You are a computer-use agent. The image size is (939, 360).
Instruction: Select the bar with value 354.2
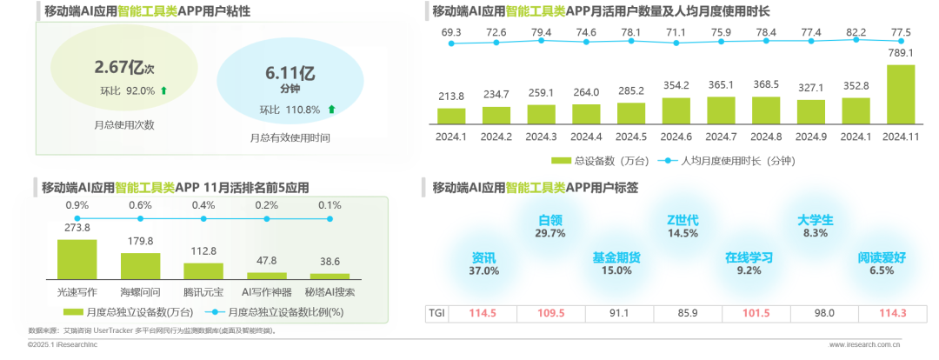[x=676, y=110]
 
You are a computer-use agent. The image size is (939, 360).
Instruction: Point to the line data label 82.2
[x=857, y=32]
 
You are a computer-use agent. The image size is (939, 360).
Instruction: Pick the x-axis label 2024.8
[x=767, y=137]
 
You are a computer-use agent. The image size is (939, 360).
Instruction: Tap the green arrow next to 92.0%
[x=163, y=90]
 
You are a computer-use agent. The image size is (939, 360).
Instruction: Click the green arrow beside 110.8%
[x=331, y=110]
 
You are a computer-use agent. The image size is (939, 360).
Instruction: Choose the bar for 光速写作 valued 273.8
[x=77, y=257]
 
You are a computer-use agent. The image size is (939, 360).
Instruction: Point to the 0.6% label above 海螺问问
[x=140, y=205]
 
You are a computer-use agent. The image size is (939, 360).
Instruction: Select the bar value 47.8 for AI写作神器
[x=267, y=260]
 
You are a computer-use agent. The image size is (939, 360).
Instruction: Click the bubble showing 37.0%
[x=484, y=270]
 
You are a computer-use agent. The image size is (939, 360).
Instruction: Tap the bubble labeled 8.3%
[x=816, y=233]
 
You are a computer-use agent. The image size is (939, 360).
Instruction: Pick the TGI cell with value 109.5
[x=551, y=313]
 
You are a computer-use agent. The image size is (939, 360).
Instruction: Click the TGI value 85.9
[x=683, y=313]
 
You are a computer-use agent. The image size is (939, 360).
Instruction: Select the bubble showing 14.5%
[x=683, y=233]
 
